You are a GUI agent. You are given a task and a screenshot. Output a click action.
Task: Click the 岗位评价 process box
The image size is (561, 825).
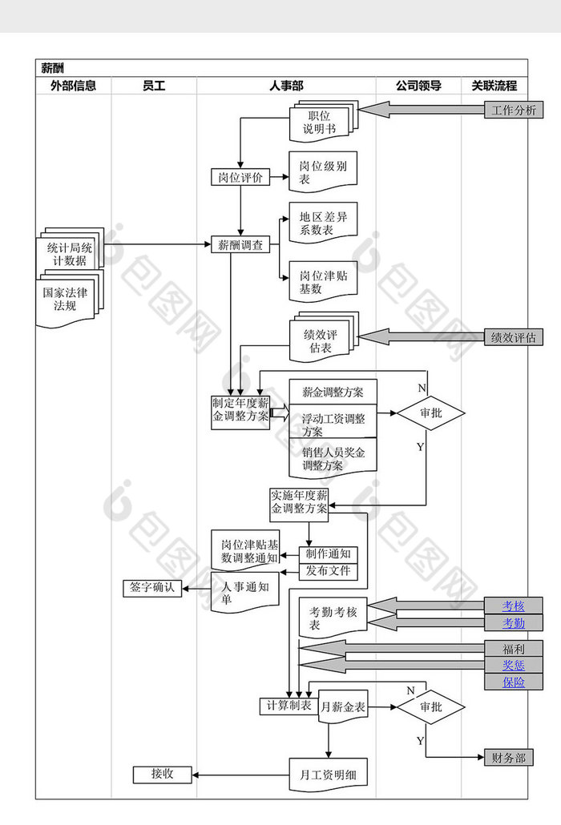(240, 178)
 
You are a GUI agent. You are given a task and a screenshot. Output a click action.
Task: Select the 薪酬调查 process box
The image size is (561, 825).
(240, 245)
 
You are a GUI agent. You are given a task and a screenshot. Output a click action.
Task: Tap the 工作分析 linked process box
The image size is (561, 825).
(514, 111)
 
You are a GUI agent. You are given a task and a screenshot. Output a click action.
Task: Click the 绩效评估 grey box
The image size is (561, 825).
(514, 337)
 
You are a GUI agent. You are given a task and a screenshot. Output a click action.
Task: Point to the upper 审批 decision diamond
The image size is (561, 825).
(430, 414)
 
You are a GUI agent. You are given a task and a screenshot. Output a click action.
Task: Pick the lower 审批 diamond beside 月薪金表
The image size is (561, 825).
(430, 707)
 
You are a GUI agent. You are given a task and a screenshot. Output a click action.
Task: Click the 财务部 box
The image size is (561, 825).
(508, 757)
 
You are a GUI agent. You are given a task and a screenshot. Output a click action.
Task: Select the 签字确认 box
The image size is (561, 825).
(152, 588)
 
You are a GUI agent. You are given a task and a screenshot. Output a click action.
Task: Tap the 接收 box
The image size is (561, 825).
(163, 775)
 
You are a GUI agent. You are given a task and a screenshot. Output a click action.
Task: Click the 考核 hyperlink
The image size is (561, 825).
(513, 606)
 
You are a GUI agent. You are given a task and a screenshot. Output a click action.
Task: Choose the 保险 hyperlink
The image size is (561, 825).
(513, 682)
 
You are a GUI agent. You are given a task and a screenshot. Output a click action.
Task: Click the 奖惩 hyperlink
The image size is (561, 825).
(513, 665)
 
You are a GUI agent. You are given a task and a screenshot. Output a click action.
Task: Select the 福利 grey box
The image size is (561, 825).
(513, 648)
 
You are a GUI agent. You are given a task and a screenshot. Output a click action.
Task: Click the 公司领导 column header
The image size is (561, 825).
(418, 86)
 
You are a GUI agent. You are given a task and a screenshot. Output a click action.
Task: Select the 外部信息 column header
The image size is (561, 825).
(73, 86)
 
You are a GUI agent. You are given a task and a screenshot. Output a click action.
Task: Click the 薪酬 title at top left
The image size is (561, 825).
(53, 68)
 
